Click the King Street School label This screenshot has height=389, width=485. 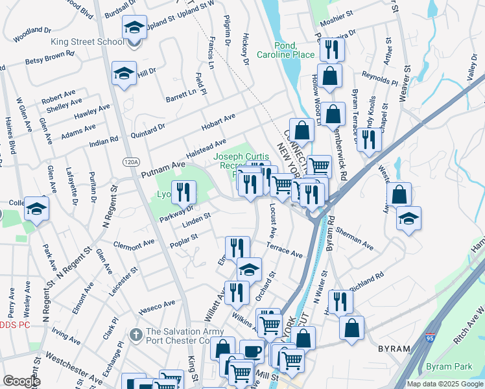[x=88, y=42]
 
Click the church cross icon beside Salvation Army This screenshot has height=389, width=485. [x=136, y=335]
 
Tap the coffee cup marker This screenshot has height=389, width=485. [x=252, y=352]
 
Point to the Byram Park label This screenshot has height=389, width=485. [x=449, y=367]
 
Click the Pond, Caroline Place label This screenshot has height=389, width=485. [x=277, y=50]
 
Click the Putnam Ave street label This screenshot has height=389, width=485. [x=163, y=170]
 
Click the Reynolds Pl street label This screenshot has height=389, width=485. [x=380, y=80]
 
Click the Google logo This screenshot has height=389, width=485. [x=21, y=381]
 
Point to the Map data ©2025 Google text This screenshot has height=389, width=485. [x=445, y=384]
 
